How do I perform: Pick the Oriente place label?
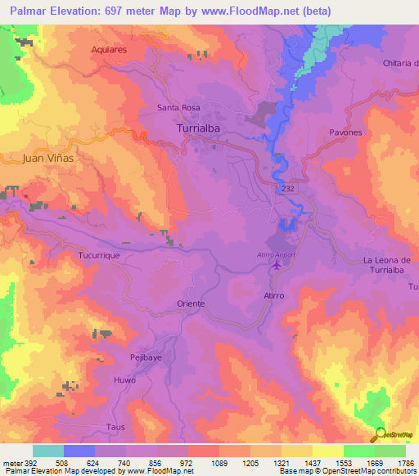click(191, 303)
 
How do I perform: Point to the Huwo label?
click(124, 380)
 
